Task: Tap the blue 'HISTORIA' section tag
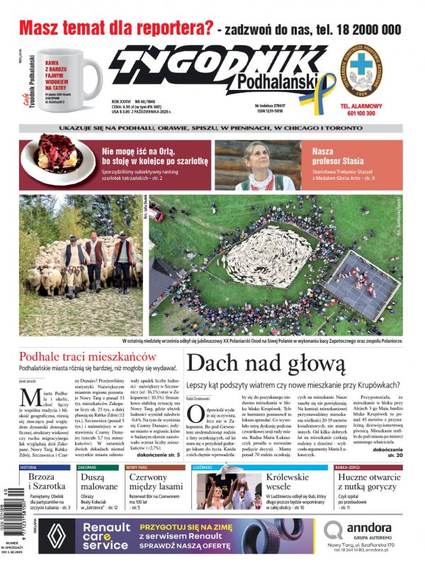tap(29, 468)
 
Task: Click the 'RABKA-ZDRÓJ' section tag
tap(353, 468)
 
